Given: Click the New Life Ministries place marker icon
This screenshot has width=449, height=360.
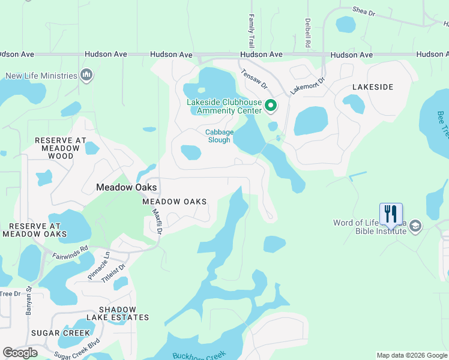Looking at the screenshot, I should (86, 76).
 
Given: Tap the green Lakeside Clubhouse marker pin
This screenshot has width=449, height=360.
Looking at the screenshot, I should (271, 106).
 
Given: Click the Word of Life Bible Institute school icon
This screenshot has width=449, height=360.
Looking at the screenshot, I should (415, 227).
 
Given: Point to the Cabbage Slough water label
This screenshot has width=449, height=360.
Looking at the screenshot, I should (218, 136).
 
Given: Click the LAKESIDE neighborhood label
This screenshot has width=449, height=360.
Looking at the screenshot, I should (372, 87).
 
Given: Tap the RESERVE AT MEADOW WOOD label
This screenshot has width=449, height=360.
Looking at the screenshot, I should (57, 148).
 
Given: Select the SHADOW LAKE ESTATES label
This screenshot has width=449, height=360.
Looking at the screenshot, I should (117, 313).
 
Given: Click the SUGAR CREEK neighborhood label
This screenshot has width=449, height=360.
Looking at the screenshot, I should (54, 333).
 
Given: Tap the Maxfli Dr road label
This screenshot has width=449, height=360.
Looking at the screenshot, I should (158, 221).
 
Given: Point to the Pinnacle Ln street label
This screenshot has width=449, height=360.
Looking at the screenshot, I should (99, 263).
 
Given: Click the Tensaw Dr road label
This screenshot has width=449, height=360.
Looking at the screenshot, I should (253, 77).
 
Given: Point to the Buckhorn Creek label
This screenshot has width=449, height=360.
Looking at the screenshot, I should (197, 356).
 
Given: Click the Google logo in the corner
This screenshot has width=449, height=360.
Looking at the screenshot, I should (20, 353).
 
